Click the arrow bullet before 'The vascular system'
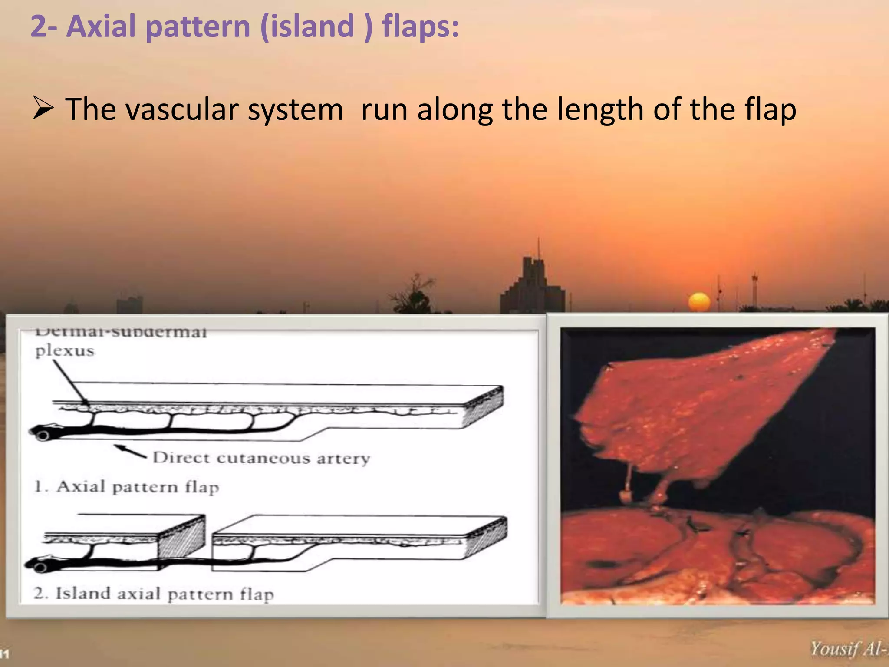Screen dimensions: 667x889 tap(43, 109)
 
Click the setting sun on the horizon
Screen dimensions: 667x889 tap(699, 302)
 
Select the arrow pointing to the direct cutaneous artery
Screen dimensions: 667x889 tap(130, 451)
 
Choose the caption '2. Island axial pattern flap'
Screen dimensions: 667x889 tap(154, 594)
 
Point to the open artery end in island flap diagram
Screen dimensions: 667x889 tap(40, 567)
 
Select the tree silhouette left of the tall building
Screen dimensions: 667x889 tap(415, 295)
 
